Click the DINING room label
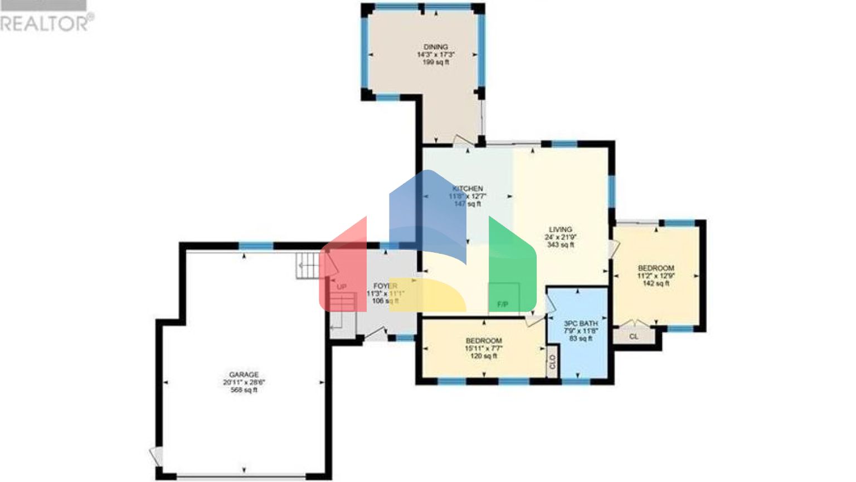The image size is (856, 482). pos(435,47)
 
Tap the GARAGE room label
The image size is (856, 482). pos(244,374)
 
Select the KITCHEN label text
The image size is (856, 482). pos(468,189)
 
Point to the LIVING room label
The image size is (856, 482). pos(560,229)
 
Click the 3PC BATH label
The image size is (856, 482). pos(581,323)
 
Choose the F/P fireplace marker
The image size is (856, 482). pos(502,305)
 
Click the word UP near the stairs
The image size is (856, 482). pos(342,287)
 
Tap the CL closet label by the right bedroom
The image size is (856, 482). pos(634,336)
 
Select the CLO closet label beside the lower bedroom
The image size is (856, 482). pos(552,362)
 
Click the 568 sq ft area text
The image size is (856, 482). pos(244,391)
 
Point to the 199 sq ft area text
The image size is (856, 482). pos(435,62)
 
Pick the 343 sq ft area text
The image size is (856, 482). pos(560,245)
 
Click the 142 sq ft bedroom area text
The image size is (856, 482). pos(656,283)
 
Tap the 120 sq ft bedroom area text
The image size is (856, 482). pos(483,356)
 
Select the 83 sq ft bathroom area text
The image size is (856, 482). pos(581,338)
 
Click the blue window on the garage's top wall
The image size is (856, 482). pos(256,245)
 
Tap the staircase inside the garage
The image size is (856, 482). pos(308,266)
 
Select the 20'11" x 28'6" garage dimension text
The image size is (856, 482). pos(244,383)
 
